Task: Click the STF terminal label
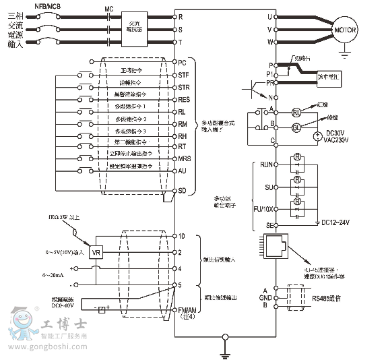coord(183,75)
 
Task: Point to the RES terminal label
coord(184,100)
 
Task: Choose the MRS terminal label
coord(184,158)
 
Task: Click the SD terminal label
coord(183,190)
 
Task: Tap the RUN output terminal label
coord(266,164)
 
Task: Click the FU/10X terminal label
coord(263,208)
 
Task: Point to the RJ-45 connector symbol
coord(275,247)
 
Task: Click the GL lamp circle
coord(296,127)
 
